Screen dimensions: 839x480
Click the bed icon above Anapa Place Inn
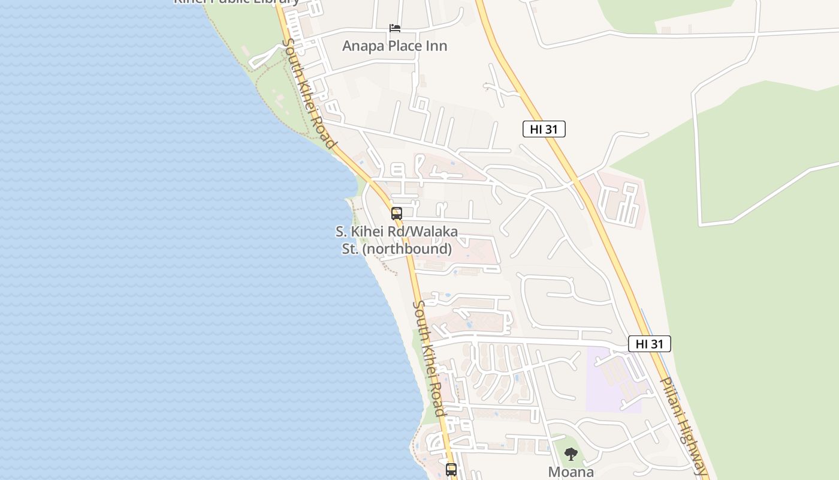[x=394, y=28]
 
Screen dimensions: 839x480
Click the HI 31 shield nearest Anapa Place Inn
[x=544, y=128]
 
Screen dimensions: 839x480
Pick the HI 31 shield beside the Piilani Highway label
[x=649, y=344]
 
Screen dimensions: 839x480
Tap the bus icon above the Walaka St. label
[x=396, y=214]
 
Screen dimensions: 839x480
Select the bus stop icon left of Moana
[x=451, y=469]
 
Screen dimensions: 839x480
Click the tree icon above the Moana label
[x=571, y=454]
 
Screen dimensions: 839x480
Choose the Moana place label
[x=571, y=472]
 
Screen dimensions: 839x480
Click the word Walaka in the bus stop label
[x=436, y=232]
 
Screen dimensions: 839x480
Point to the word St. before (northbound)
[x=350, y=248]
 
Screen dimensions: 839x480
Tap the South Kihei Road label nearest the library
[x=309, y=94]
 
